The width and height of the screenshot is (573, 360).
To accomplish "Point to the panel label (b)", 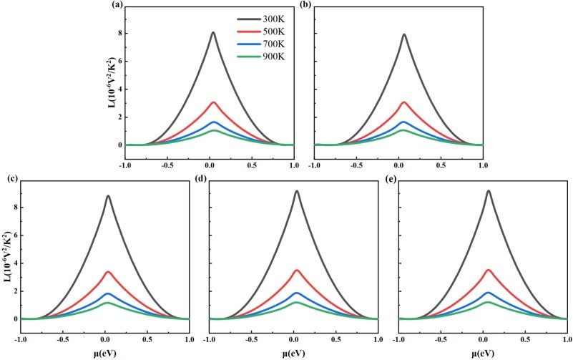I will tap(304, 6).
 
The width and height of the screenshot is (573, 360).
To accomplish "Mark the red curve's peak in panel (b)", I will tap(404, 102).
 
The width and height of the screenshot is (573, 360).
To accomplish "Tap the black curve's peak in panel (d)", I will tap(296, 191).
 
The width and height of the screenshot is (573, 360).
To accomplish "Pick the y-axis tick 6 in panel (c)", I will tap(13, 235).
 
